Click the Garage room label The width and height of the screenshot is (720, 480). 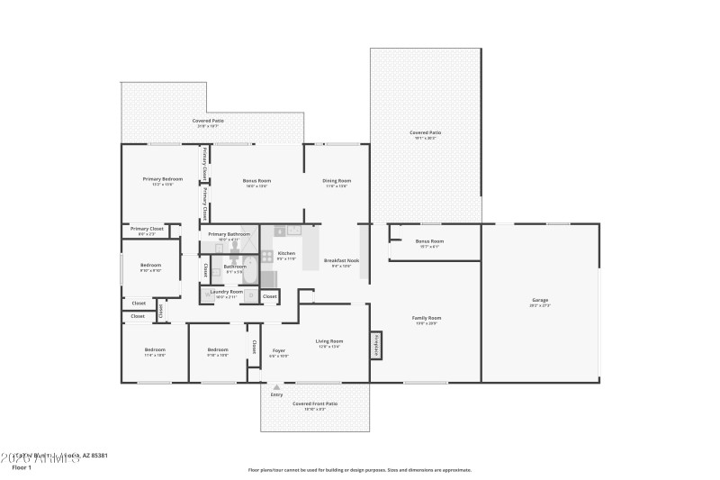[x=540, y=301]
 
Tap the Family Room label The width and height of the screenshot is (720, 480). [x=427, y=318]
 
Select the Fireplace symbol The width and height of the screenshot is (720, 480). [x=376, y=345]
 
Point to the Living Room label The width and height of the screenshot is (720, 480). [x=329, y=341]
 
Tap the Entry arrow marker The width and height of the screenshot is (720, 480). [x=276, y=388]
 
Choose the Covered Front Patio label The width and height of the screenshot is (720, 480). [x=315, y=403]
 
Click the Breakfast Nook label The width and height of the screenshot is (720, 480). [x=346, y=261]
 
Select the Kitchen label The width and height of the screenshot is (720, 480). [x=286, y=254]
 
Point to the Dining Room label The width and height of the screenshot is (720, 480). [x=337, y=180]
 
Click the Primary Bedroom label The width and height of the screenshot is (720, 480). [x=163, y=179]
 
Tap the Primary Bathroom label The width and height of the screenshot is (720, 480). [x=229, y=234]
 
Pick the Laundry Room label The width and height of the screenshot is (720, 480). [x=226, y=292]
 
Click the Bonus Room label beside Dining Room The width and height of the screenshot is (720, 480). [x=256, y=180]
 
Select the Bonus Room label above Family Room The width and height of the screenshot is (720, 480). [x=429, y=241]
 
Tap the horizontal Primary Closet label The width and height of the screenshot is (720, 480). [x=147, y=230]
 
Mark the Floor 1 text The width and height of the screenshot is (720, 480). [x=22, y=467]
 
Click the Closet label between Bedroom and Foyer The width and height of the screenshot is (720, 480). [x=254, y=347]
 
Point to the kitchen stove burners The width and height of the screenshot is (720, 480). [x=267, y=257]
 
